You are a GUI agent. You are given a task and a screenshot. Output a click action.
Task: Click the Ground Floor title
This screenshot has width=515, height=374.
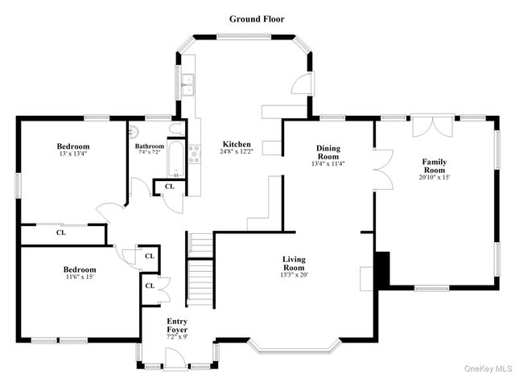tap(257, 18)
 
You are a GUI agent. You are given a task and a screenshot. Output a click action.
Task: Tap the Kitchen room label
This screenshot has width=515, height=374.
tap(235, 144)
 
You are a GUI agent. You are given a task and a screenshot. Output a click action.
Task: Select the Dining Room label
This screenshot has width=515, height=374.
tap(328, 153)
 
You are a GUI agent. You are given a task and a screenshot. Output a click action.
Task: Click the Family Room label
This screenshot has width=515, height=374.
tap(435, 166)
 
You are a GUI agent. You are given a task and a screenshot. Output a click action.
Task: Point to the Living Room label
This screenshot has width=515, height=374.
tap(294, 263)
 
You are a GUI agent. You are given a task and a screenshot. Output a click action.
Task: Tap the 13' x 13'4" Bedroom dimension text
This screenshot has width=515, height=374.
tap(72, 154)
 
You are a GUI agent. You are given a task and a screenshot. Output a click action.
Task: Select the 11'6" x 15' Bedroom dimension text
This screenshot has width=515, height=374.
tap(80, 277)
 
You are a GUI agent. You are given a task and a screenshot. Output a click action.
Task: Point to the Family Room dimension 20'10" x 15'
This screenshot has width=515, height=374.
tap(435, 179)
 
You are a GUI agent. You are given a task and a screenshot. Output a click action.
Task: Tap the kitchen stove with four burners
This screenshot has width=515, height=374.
tap(194, 153)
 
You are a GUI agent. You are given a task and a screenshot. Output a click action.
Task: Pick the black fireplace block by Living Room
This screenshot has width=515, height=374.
tap(382, 268)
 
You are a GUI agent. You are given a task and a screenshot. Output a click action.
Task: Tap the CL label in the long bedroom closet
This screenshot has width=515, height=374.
tap(61, 232)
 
